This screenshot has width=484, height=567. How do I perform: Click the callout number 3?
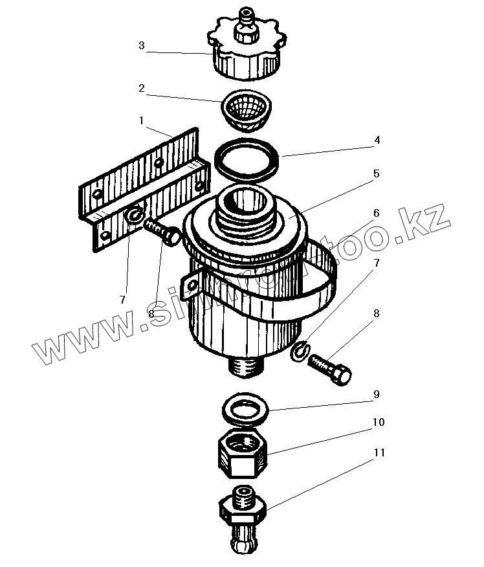click(x=142, y=47)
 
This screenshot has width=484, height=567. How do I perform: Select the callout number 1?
click(x=142, y=120)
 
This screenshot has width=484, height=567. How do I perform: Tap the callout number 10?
click(x=378, y=422)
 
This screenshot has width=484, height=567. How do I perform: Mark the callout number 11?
click(x=378, y=452)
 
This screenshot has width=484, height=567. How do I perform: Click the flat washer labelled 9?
click(x=246, y=410)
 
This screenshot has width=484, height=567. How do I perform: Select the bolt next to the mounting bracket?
click(x=162, y=231)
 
